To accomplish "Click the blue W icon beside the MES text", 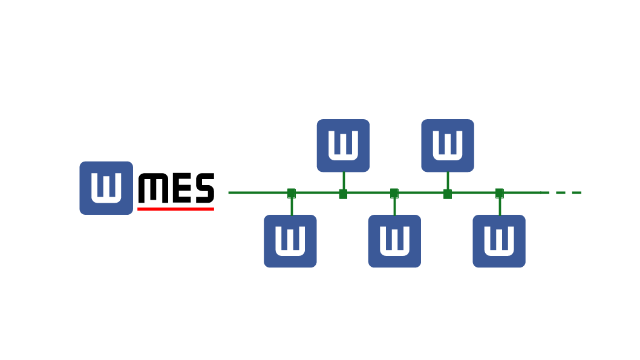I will [x=106, y=188].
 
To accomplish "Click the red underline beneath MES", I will [x=175, y=209].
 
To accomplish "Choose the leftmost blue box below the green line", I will [x=290, y=241].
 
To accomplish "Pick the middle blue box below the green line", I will [x=394, y=241].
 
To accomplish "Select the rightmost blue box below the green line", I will [x=499, y=241].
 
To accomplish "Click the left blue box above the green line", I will [x=343, y=146].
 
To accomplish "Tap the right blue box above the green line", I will [x=448, y=146].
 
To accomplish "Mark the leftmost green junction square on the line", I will [x=292, y=193].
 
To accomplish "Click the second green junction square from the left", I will [x=343, y=194].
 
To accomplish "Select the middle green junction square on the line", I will [x=394, y=193].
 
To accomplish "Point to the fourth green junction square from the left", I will [x=448, y=194].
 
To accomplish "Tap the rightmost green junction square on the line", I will [x=500, y=193].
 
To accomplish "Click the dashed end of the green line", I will [x=569, y=193].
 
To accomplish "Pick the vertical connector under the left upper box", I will [x=343, y=180].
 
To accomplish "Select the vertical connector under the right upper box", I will [x=448, y=180].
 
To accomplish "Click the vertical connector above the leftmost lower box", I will [x=292, y=206].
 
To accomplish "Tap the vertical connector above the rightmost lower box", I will [x=500, y=206].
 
